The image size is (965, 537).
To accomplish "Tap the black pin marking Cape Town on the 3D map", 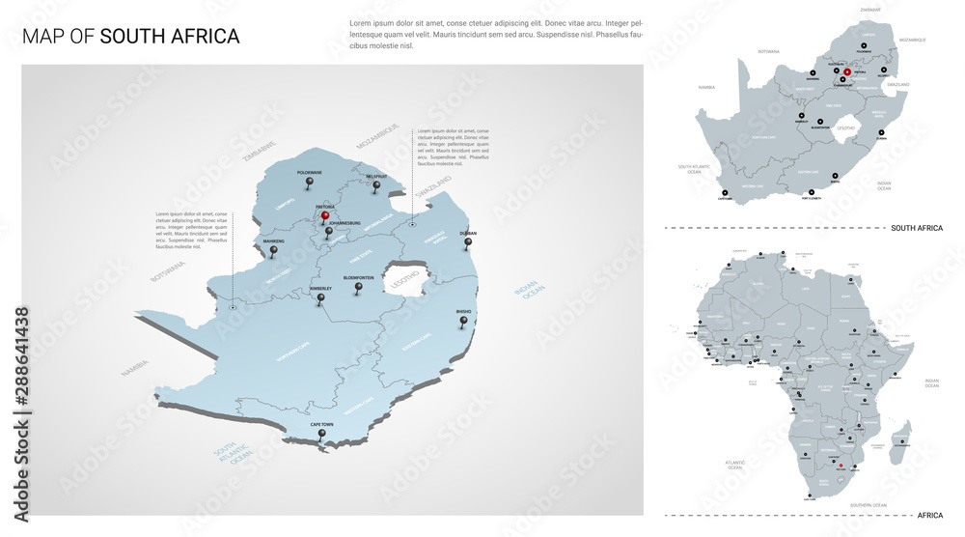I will (321, 436).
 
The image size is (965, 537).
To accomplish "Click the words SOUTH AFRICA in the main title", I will (170, 37).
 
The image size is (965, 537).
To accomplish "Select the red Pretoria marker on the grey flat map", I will (847, 72).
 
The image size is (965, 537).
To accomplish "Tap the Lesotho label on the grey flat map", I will (846, 127).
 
